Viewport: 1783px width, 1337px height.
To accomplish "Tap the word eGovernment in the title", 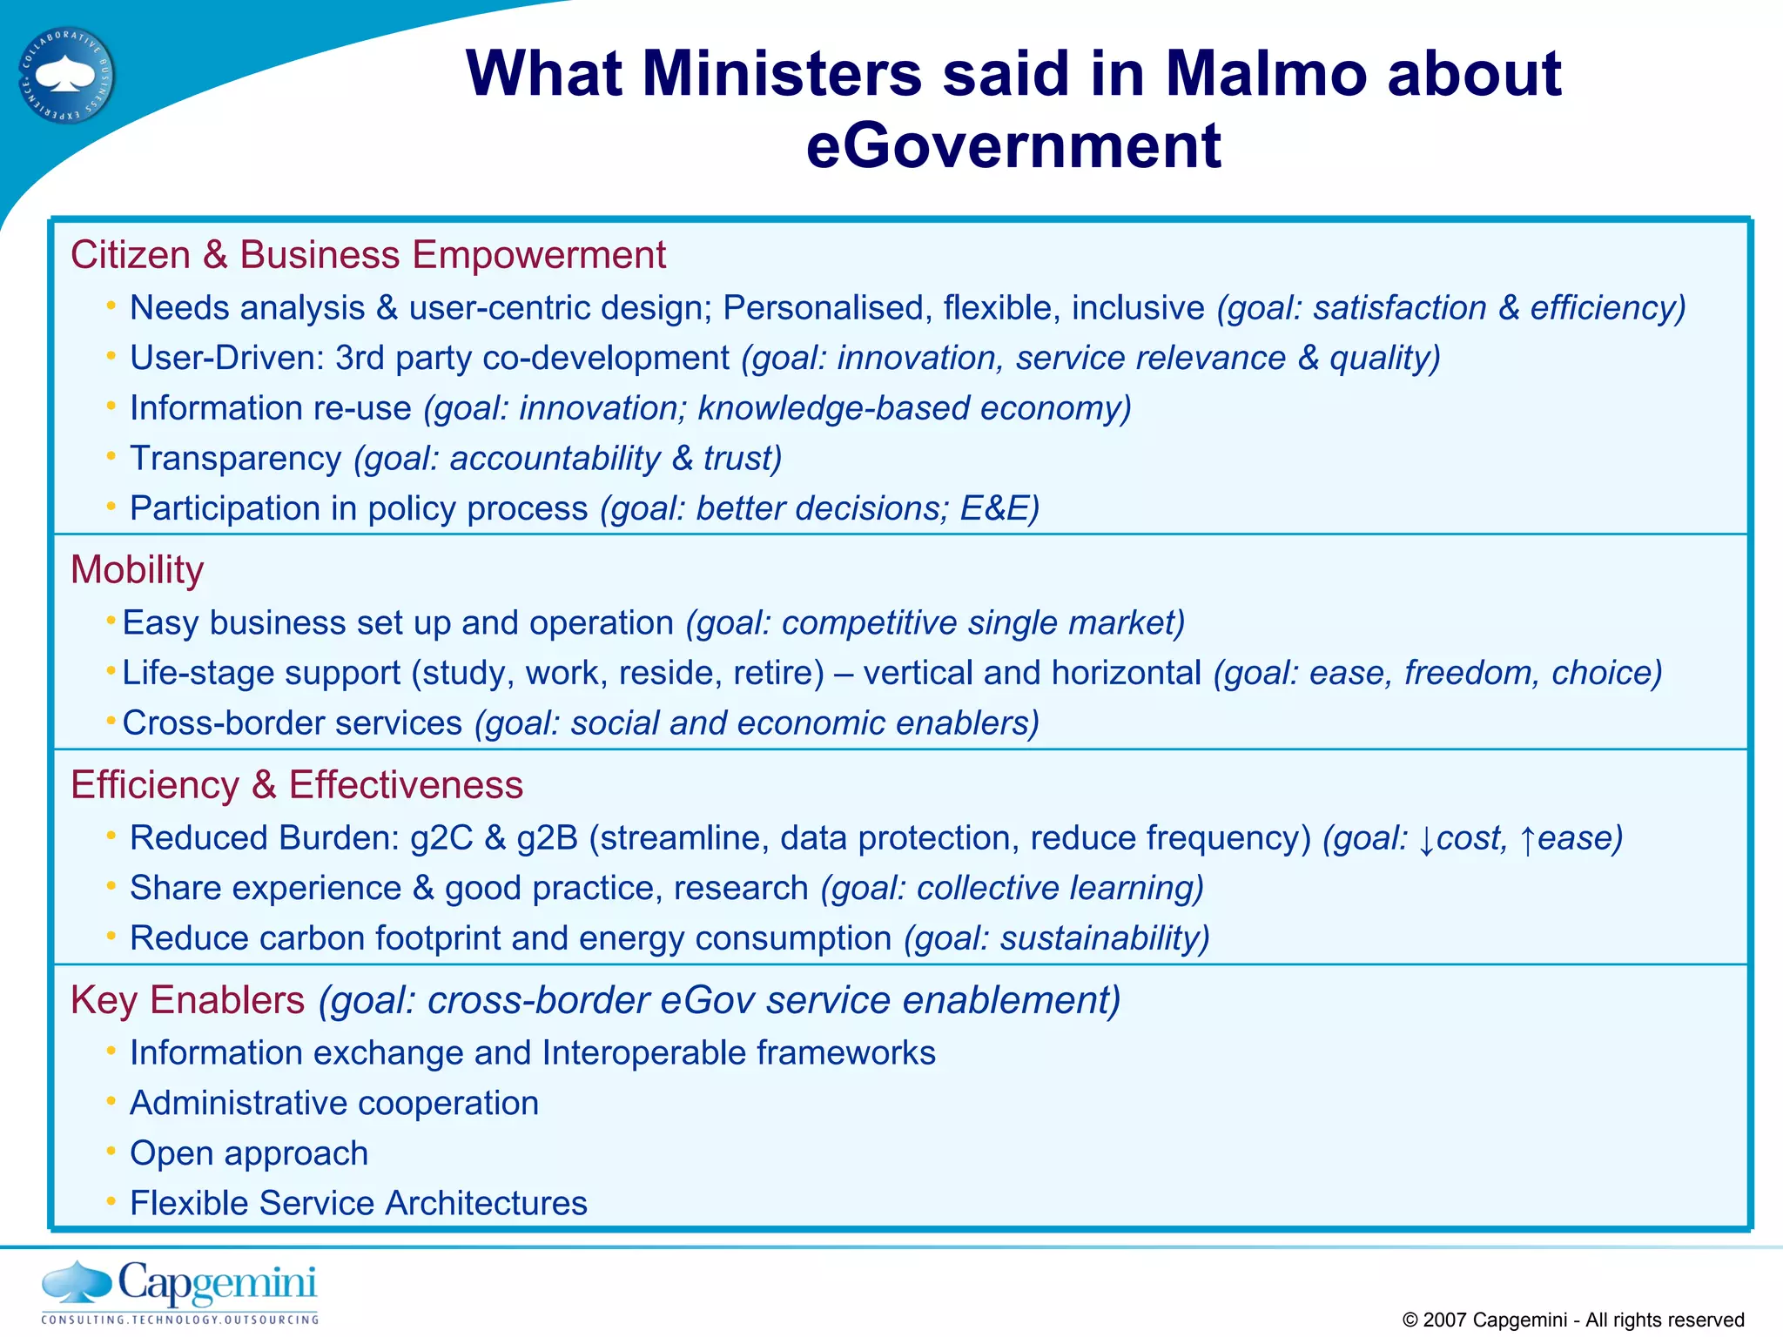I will click(1013, 145).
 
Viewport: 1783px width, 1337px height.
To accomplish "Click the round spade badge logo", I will click(67, 76).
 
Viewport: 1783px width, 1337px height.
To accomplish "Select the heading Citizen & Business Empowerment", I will click(367, 255).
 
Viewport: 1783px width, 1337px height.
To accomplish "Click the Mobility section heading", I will click(137, 570).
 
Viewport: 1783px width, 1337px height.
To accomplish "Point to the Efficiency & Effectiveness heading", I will click(296, 785).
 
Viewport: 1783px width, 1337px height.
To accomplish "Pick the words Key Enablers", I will click(187, 1000).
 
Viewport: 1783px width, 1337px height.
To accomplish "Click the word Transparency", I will click(235, 459).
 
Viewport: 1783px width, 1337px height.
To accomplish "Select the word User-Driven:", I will click(225, 359).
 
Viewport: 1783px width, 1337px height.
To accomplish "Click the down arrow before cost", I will click(1426, 840).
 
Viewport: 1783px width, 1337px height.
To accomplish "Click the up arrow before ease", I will click(1528, 840).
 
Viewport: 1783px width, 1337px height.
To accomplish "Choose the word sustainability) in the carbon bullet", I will click(1104, 938).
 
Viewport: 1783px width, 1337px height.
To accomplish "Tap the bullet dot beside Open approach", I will click(111, 1152).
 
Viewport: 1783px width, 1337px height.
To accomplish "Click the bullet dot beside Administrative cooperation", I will click(111, 1102).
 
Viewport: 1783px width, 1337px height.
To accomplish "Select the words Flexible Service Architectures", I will click(358, 1204).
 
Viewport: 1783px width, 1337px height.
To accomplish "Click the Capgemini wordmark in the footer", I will click(217, 1283).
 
